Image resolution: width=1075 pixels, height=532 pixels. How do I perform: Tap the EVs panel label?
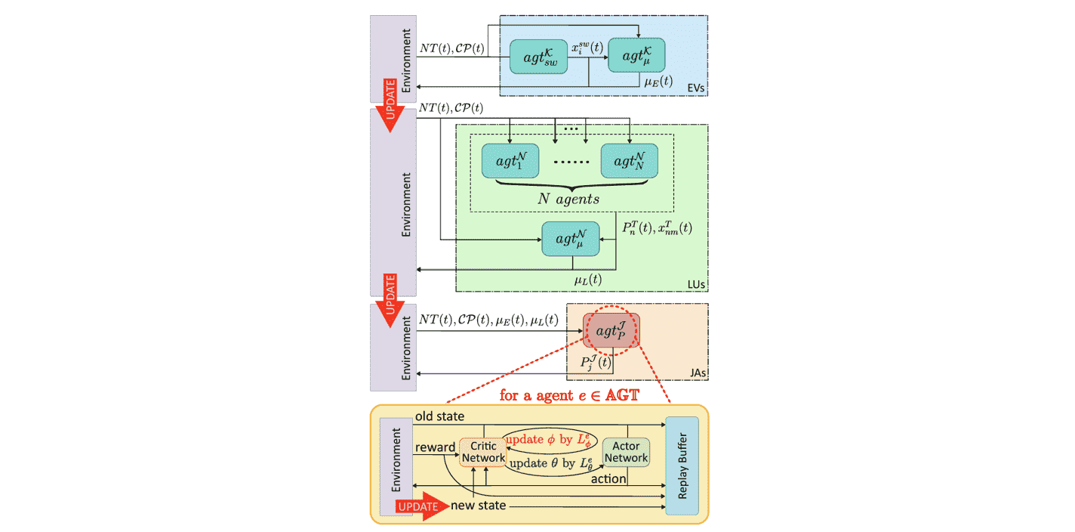click(696, 88)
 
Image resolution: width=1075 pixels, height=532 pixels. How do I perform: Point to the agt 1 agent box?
click(510, 161)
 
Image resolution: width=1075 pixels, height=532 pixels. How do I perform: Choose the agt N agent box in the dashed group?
click(629, 161)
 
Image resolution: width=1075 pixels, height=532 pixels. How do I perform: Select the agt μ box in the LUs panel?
click(570, 238)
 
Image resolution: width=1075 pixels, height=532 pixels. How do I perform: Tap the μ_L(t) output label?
click(588, 280)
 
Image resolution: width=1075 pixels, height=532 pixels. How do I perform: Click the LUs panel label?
click(695, 283)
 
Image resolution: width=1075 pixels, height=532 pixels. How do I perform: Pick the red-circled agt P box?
click(611, 329)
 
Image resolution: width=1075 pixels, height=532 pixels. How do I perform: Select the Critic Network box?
click(483, 452)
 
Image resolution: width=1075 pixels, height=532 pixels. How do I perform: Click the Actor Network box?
click(626, 452)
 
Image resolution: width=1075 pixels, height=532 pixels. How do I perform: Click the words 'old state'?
click(439, 416)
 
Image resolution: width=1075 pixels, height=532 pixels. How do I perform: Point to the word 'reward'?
click(433, 447)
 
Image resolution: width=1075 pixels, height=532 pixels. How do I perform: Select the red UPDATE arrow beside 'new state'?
click(417, 506)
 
